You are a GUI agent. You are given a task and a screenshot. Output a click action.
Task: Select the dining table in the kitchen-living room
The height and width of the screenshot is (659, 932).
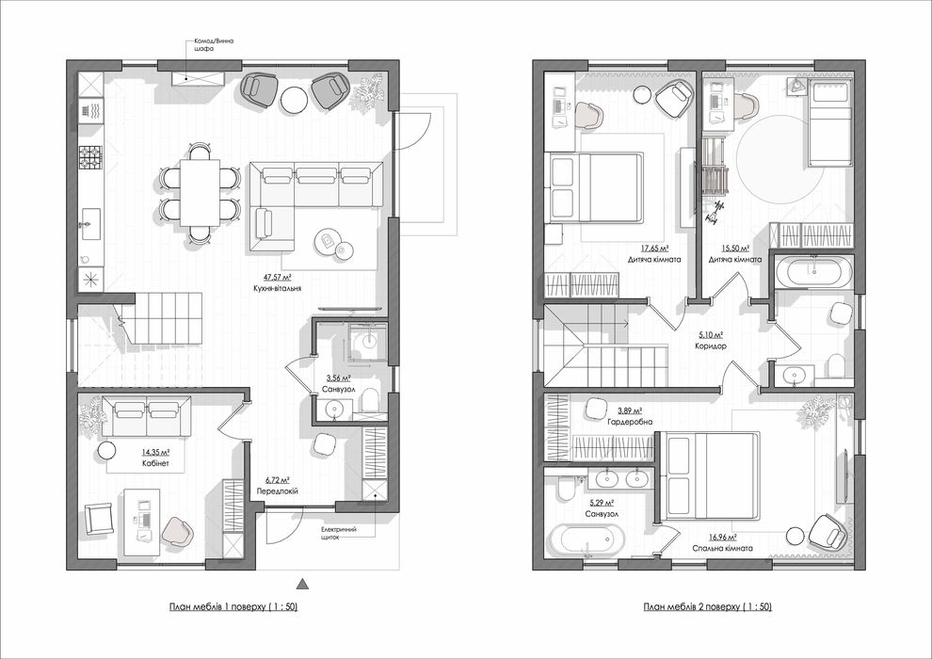(200, 192)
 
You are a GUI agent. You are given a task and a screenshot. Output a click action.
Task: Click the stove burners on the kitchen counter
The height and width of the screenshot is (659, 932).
(89, 157)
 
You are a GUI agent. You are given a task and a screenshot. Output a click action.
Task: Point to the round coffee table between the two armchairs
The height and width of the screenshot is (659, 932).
(296, 98)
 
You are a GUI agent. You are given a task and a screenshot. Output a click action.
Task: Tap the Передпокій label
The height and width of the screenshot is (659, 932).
(278, 490)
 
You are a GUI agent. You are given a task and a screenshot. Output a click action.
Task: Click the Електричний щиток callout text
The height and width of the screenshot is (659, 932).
(339, 536)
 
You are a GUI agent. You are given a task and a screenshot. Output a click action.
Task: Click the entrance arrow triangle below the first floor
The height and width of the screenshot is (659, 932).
(301, 581)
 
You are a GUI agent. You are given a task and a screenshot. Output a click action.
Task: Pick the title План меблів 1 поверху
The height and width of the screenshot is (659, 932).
(229, 607)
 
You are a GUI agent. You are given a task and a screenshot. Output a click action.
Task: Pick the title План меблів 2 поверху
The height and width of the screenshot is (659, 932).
(707, 607)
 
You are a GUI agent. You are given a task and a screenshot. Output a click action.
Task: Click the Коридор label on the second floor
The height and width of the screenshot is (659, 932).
(712, 346)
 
